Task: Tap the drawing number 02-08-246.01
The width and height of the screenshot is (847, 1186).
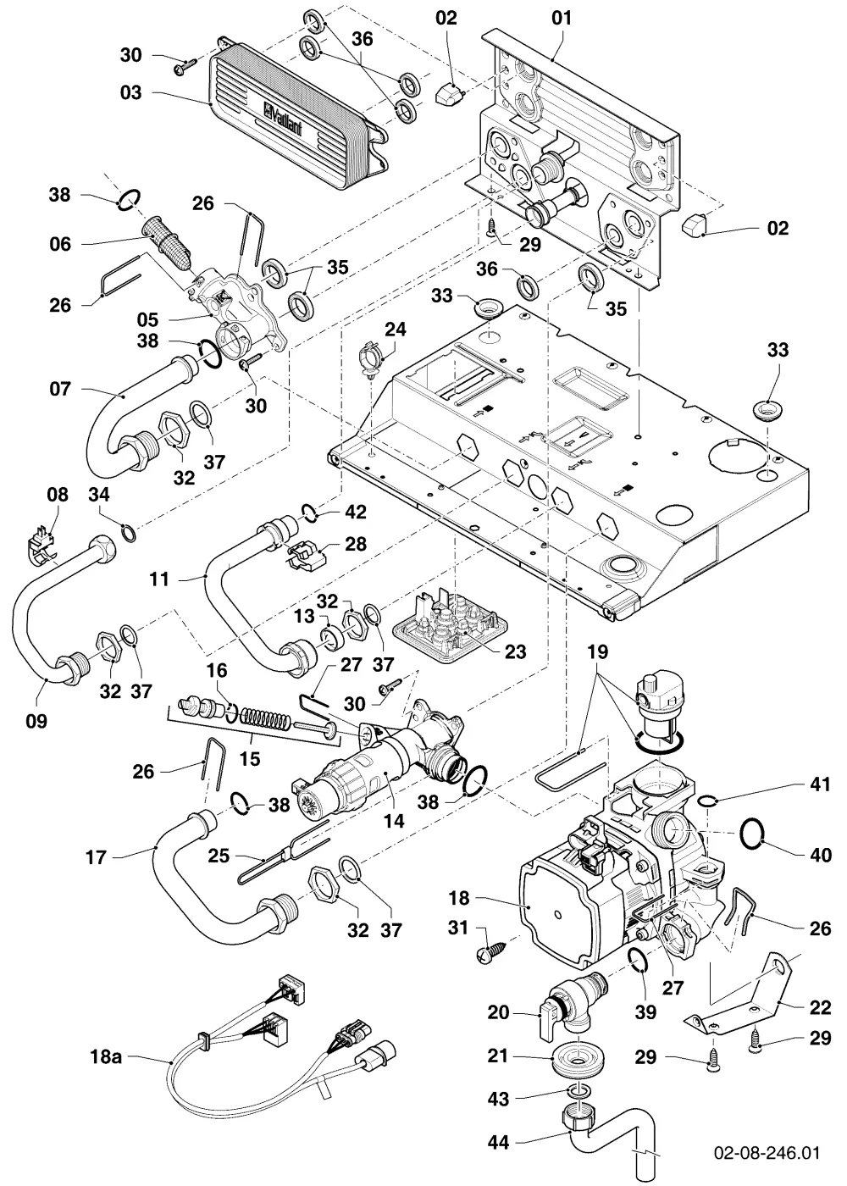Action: [766, 1153]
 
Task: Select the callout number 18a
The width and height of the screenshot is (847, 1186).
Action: [106, 1057]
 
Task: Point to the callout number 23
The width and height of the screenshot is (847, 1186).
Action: [515, 651]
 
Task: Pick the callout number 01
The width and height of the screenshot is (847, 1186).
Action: [562, 18]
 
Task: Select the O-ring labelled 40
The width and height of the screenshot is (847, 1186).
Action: [752, 834]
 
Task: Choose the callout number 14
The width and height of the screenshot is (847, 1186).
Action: [393, 821]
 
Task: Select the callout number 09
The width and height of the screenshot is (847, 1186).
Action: [36, 721]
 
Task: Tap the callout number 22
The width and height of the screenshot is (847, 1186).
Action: [820, 1007]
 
